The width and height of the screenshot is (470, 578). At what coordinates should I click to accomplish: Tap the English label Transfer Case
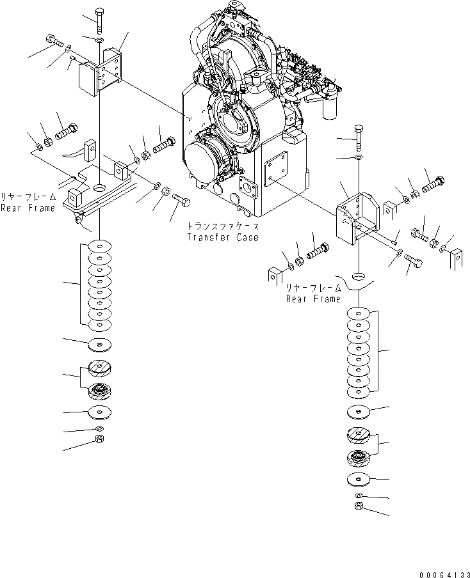[222, 237]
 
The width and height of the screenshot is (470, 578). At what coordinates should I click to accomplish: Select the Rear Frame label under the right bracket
[313, 299]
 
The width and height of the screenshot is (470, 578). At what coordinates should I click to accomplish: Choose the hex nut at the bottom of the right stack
[360, 507]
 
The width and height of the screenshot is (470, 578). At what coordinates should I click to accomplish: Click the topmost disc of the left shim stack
[99, 246]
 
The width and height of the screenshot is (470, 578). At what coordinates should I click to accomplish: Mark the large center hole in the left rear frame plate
[101, 189]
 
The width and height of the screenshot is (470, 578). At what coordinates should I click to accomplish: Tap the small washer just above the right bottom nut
[359, 496]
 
